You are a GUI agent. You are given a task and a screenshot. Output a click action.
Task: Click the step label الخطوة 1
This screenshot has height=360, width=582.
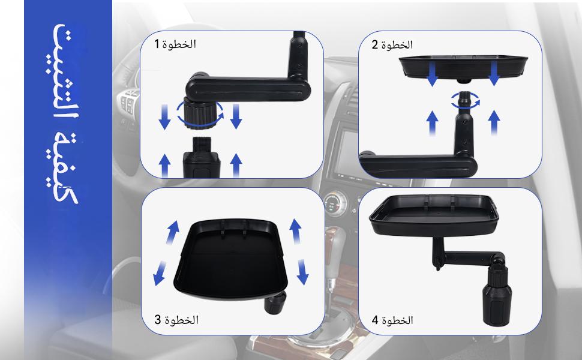pos(175,44)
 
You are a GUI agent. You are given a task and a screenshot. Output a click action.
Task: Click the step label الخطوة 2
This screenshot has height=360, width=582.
pos(392,45)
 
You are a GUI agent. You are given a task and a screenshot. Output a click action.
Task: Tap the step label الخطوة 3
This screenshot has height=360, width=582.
pos(176,320)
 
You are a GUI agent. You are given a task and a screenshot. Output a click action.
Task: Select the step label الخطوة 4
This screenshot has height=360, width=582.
pos(392,320)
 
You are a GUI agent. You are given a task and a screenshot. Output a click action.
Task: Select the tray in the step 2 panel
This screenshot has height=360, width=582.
pos(463,67)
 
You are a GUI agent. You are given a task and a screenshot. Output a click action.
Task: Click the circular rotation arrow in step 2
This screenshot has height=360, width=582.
pos(466,101)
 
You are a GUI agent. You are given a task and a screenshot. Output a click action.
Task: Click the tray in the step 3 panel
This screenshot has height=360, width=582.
pos(230,259)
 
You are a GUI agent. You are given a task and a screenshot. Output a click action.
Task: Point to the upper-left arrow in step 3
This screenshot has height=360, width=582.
pos(172,232)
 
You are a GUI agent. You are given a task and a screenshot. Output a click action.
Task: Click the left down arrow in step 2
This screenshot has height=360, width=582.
pos(432,73)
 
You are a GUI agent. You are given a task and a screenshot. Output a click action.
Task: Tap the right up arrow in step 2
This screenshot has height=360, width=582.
pos(494,122)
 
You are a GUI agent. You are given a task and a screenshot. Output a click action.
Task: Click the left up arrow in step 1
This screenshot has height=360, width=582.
pos(164,166)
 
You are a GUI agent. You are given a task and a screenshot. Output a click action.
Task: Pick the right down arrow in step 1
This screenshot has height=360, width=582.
pos(236,116)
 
